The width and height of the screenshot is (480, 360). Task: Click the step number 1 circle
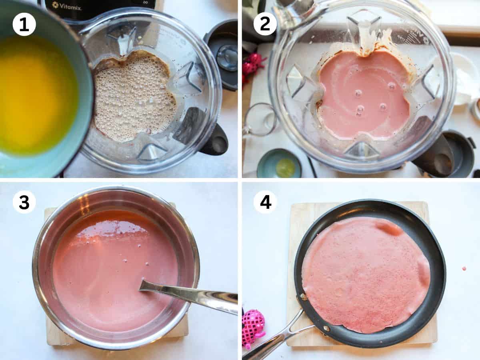coord(24,24)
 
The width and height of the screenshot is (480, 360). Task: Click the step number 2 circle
coord(265,24)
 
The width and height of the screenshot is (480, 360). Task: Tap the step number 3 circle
coord(24,202)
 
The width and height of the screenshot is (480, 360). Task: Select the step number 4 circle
coord(265,202)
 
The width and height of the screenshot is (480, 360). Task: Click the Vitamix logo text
coord(67,6)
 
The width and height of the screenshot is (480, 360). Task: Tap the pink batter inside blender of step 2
coord(363,96)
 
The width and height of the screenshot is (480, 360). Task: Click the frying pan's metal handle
coord(278,334)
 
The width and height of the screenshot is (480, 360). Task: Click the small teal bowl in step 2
coord(279,163)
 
